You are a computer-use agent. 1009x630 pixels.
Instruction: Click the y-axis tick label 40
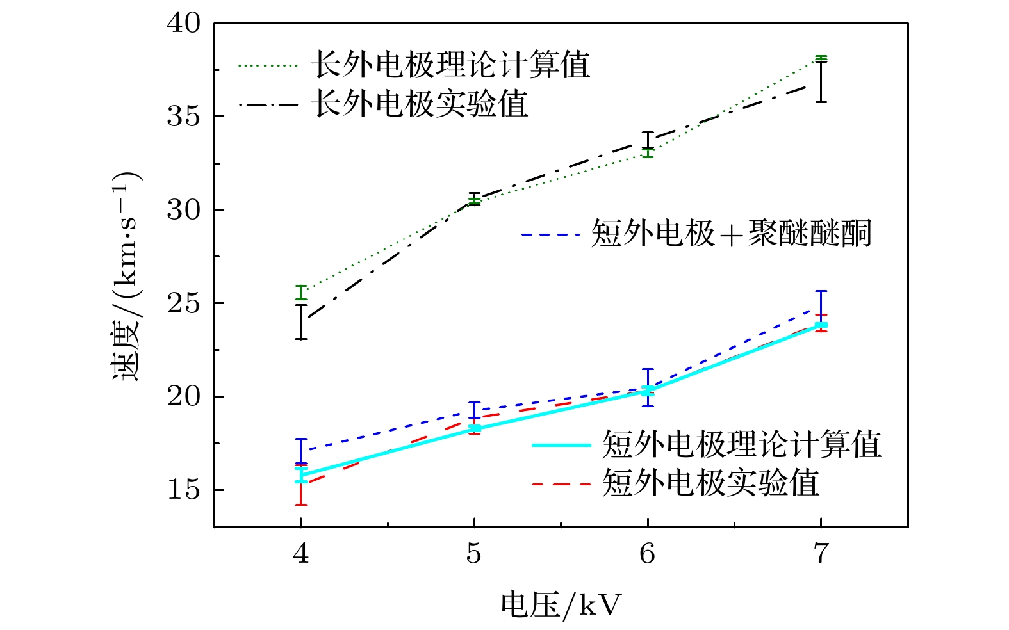tap(184, 24)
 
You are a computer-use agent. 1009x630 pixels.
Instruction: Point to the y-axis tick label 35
tap(184, 117)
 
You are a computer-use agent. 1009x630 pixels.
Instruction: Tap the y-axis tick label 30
tap(184, 210)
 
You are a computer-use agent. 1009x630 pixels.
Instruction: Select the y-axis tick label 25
tap(184, 303)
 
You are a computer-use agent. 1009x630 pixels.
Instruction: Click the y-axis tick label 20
tap(184, 397)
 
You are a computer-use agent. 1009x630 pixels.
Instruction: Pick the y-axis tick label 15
tap(184, 490)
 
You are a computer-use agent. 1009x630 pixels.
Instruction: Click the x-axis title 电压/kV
tap(561, 604)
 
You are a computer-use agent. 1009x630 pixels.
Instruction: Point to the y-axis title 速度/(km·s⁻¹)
tap(127, 277)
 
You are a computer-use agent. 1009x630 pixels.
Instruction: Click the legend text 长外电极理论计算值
tap(450, 65)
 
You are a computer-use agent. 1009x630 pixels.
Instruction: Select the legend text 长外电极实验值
tap(420, 104)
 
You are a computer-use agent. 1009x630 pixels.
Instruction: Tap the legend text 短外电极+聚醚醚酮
tap(731, 234)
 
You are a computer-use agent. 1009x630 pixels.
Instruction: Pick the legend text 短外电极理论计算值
tap(741, 444)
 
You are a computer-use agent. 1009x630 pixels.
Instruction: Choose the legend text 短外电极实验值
tap(710, 483)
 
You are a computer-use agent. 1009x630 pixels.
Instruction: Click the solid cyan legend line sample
tap(561, 445)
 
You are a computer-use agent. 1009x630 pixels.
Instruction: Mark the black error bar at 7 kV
tap(821, 82)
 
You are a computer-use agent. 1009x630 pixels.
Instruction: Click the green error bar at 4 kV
tap(300, 293)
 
